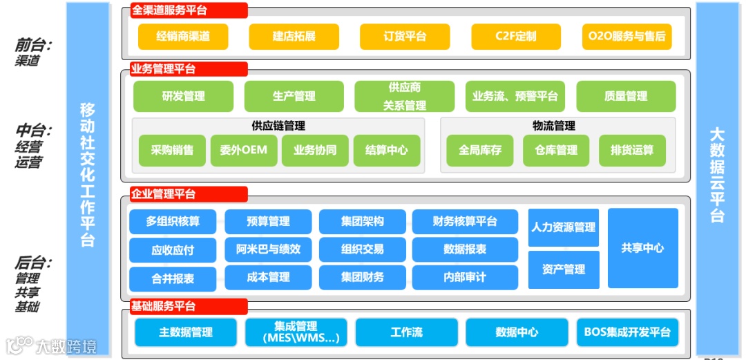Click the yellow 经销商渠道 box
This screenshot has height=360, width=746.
[183, 37]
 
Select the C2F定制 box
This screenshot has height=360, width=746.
[515, 37]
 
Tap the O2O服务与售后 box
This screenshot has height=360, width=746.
[627, 37]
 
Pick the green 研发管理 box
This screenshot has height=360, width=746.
[183, 97]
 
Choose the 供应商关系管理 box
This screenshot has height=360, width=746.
[405, 97]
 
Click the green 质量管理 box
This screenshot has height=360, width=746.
[626, 97]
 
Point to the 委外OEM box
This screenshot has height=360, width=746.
[244, 150]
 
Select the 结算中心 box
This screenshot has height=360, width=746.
[387, 150]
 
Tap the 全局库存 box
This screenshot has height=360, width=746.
[480, 150]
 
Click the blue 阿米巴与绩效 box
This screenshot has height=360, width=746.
[269, 249]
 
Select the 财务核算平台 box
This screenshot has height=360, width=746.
[465, 222]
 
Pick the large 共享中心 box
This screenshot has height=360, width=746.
[642, 247]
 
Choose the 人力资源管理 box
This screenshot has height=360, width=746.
[564, 227]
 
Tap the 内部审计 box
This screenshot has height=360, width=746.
[465, 277]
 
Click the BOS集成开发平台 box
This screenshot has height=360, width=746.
[627, 332]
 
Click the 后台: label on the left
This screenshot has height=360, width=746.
[33, 263]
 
